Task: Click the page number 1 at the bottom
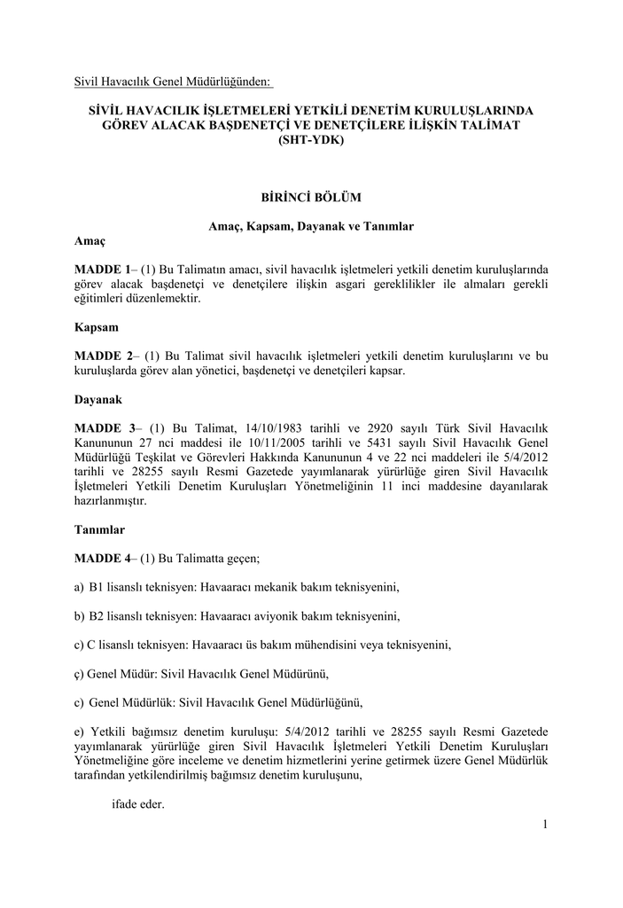pos(546,826)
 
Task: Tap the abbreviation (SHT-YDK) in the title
pos(311,141)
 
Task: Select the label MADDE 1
pos(102,269)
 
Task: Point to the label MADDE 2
pos(102,356)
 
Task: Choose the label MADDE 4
pos(102,559)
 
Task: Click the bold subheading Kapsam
pos(96,327)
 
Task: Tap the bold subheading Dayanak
pos(98,400)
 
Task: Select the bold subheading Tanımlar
pos(99,529)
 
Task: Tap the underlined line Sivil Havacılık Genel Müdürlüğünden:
pos(173,82)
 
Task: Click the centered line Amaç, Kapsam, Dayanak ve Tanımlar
pos(311,226)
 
